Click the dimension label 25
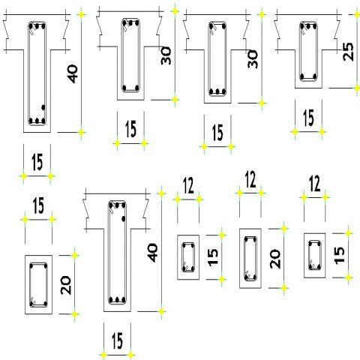(x=349, y=52)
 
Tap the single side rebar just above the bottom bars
(x=43, y=107)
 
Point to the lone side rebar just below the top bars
(x=123, y=219)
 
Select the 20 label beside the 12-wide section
(x=275, y=259)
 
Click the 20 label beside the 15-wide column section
(x=66, y=285)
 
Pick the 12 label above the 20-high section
(x=250, y=179)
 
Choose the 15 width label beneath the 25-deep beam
(x=308, y=118)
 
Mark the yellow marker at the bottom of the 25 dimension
(x=357, y=88)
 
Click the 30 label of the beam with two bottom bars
(x=166, y=55)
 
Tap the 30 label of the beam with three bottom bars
(x=253, y=59)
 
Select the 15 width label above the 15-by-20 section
(x=38, y=205)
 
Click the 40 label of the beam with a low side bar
(x=73, y=74)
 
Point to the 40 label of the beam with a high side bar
(x=152, y=253)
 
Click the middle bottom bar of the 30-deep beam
(x=217, y=91)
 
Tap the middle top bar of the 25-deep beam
(x=309, y=26)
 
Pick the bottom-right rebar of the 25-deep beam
(x=315, y=76)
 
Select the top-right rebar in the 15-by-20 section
(x=46, y=266)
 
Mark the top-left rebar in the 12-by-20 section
(x=246, y=240)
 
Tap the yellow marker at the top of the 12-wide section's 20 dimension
(x=283, y=229)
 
